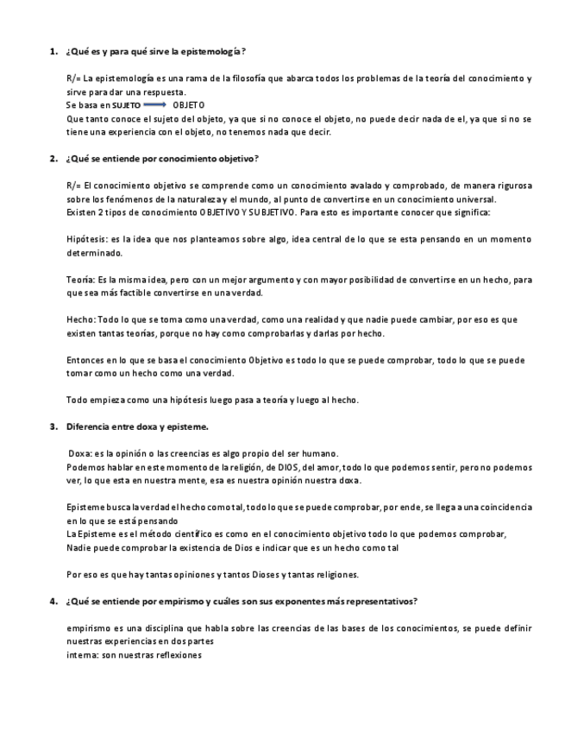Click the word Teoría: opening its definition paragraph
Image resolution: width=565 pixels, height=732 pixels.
pos(81,280)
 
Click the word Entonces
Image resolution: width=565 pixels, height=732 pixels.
pos(85,360)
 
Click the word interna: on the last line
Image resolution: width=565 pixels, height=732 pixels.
pos(82,655)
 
